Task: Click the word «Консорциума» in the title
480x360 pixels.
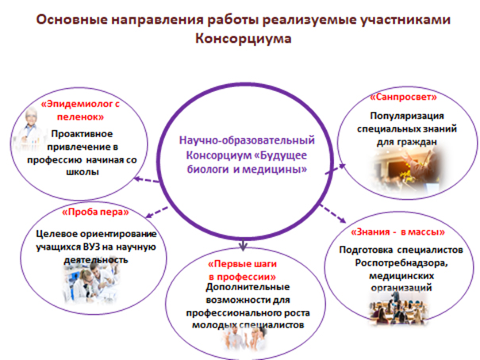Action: tap(240, 39)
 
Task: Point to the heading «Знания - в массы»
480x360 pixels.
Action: tap(397, 232)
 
